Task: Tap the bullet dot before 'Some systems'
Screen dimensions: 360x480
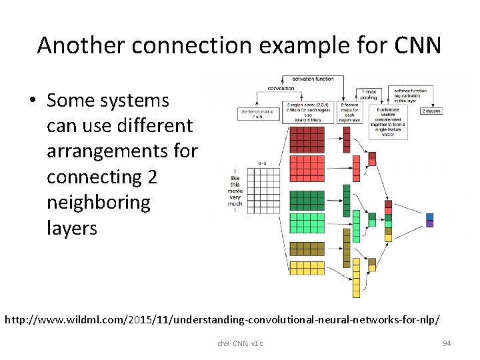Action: click(x=33, y=101)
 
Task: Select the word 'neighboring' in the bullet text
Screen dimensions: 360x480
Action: click(x=99, y=202)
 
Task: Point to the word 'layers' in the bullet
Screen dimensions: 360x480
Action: click(x=72, y=228)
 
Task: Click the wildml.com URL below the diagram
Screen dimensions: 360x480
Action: click(x=222, y=319)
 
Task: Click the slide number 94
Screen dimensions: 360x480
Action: click(x=447, y=343)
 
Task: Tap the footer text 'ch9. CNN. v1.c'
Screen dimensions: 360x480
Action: click(x=240, y=343)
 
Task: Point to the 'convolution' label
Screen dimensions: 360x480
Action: click(x=281, y=88)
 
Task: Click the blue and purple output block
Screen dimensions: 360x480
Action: click(x=429, y=220)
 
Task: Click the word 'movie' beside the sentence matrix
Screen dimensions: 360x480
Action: click(x=235, y=191)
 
